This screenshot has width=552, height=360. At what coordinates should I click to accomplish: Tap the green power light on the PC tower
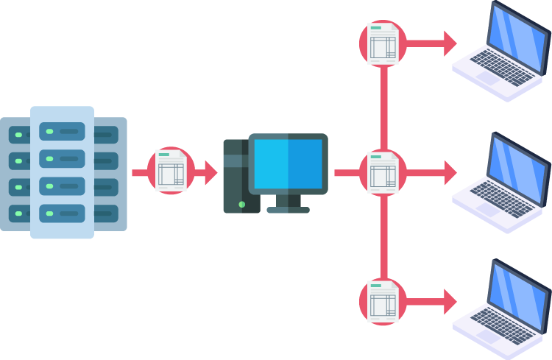click(241, 204)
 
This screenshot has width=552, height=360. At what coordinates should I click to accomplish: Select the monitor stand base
click(288, 210)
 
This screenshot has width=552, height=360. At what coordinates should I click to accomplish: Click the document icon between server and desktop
click(171, 171)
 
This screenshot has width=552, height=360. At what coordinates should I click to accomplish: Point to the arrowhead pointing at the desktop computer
click(211, 173)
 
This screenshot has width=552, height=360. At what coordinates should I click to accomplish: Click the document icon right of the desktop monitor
click(383, 173)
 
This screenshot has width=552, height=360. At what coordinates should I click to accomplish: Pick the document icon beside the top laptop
click(383, 43)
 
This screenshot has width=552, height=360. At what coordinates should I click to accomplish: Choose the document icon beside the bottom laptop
click(383, 302)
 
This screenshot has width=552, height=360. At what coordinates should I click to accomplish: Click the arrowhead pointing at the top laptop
click(450, 43)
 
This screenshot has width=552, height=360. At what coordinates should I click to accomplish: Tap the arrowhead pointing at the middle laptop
click(450, 173)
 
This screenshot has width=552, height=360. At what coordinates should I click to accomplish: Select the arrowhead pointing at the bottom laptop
click(450, 302)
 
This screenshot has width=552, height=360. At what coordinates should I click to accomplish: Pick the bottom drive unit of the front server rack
click(62, 213)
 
